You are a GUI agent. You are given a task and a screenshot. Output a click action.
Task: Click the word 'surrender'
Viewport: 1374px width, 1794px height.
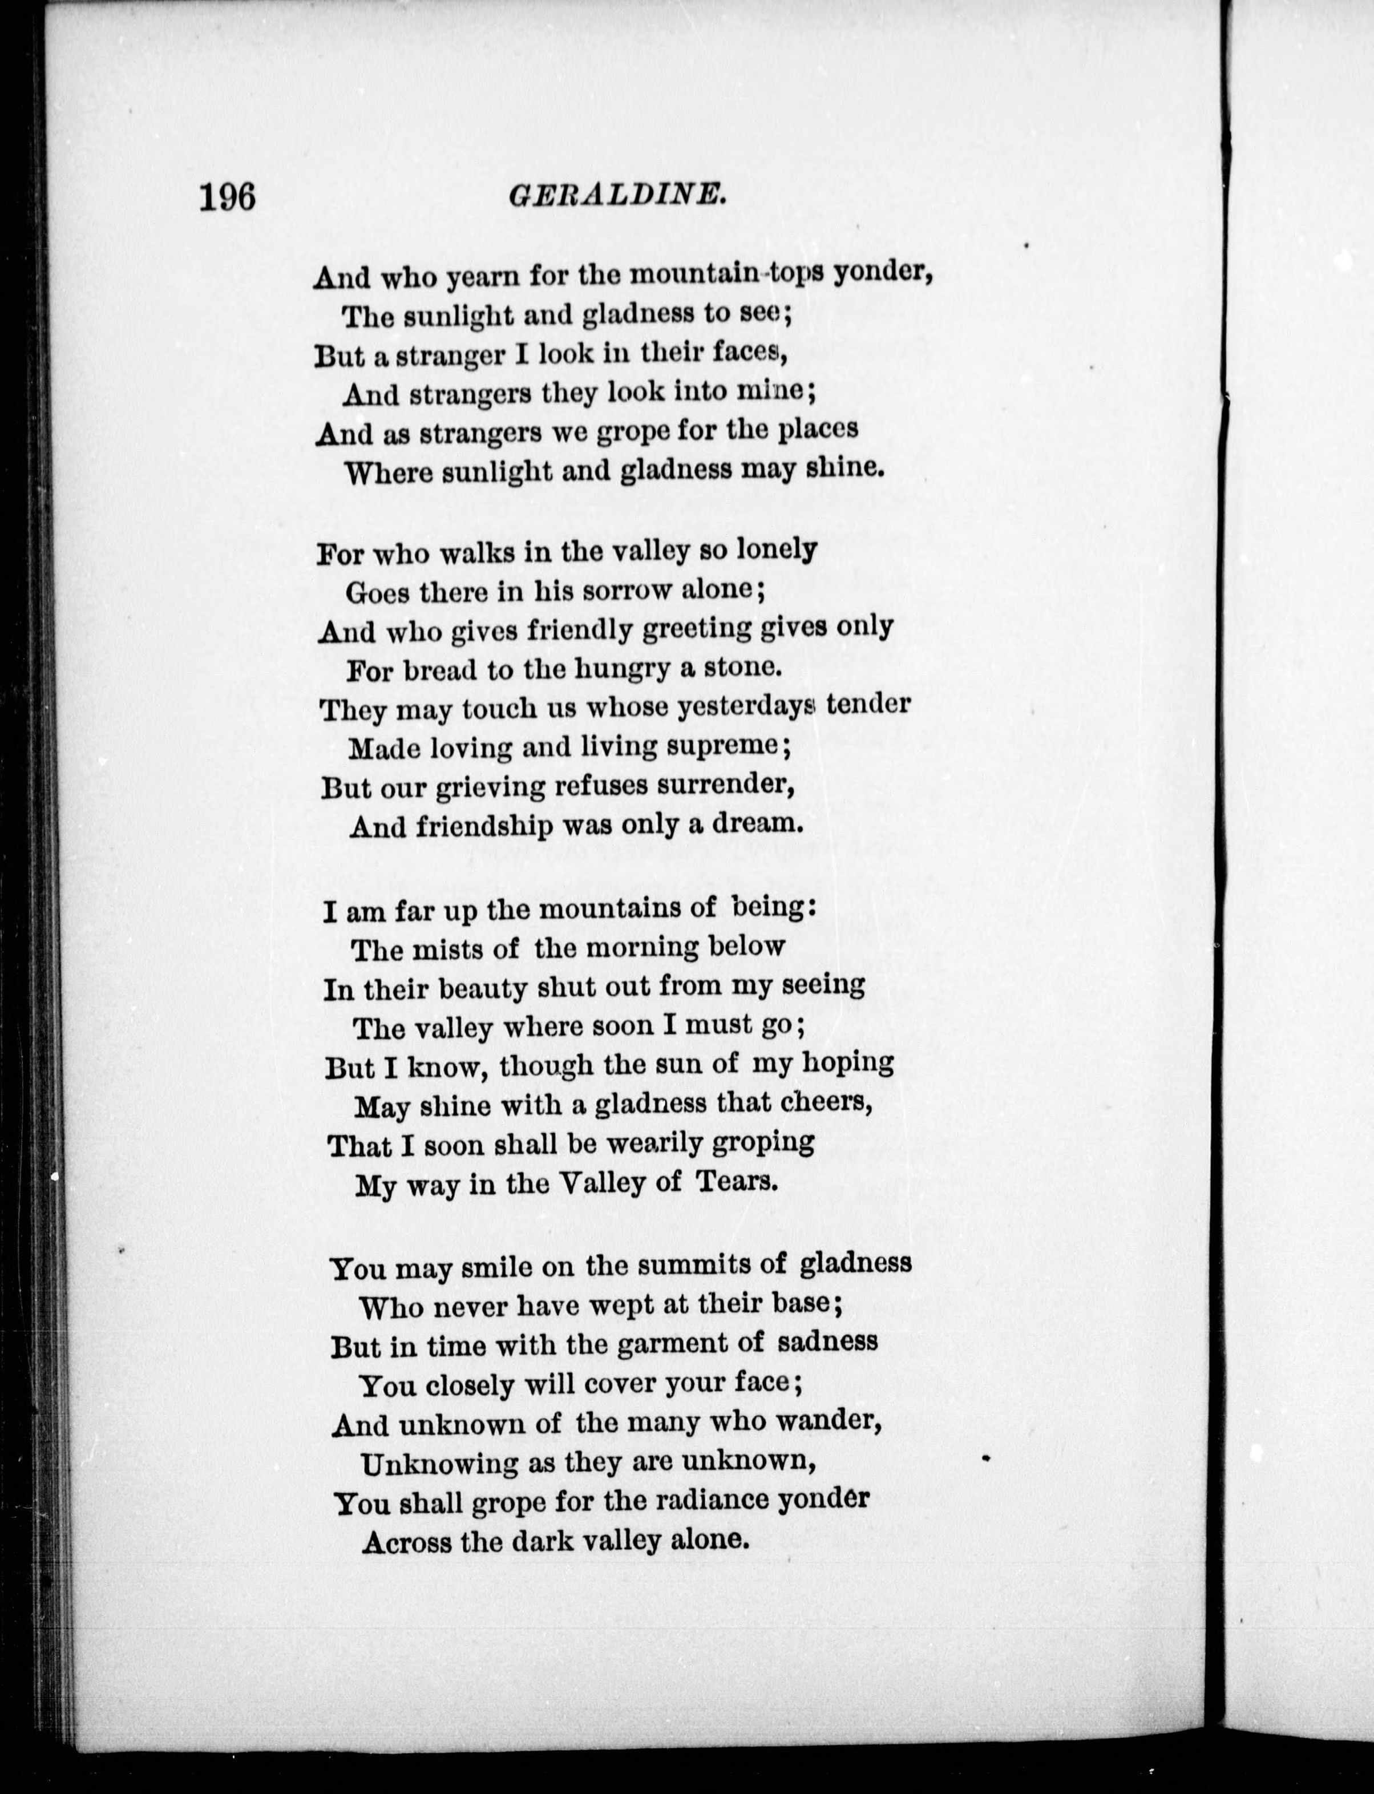pos(726,785)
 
